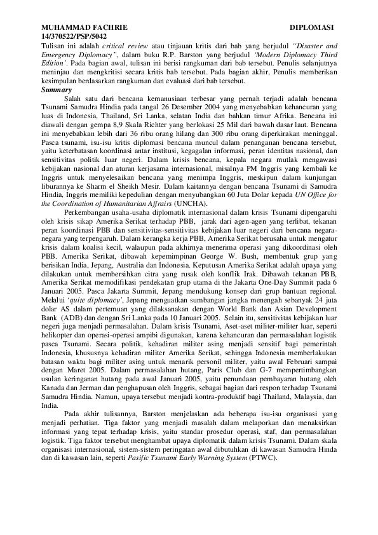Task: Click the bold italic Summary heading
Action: pos(56,91)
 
